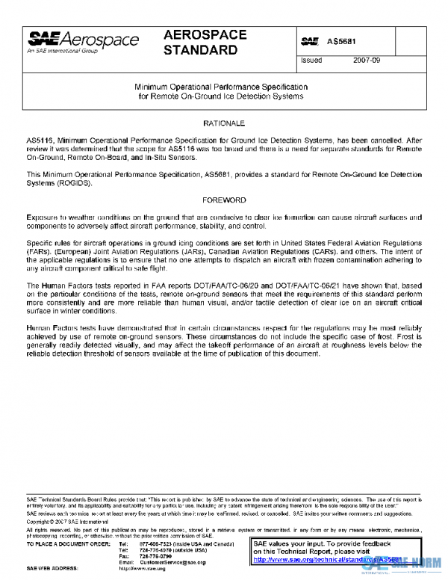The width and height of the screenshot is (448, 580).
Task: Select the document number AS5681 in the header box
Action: (340, 42)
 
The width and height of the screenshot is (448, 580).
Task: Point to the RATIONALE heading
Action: (224, 122)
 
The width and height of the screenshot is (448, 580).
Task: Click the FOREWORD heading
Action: (224, 200)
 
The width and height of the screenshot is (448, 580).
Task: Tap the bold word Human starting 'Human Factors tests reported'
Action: (52, 286)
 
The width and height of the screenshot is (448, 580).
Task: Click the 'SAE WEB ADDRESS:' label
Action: (53, 568)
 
